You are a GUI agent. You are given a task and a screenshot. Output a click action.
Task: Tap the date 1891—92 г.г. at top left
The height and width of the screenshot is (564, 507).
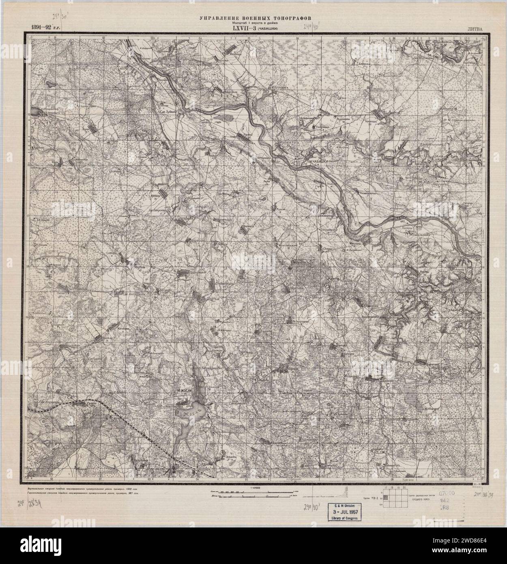coord(42,28)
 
